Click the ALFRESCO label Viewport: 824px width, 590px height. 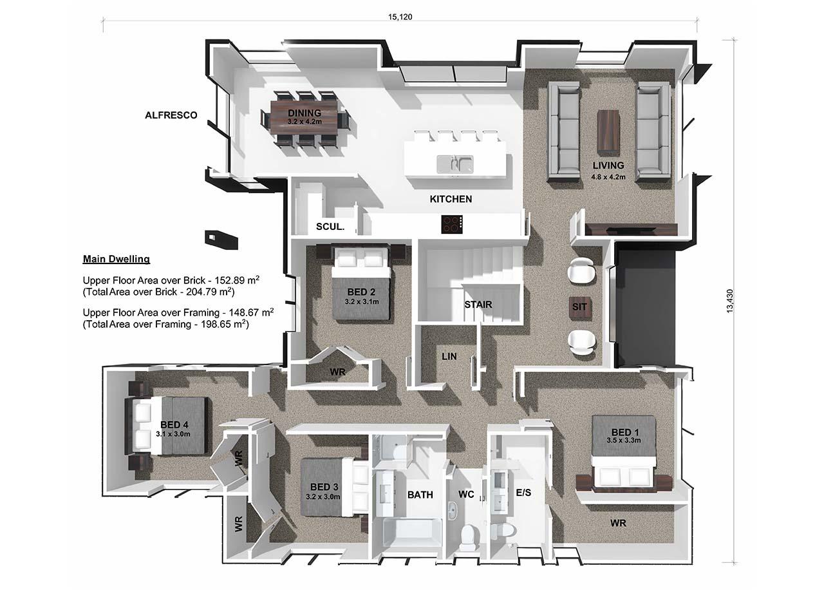[171, 115]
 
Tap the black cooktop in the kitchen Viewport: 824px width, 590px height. [452, 224]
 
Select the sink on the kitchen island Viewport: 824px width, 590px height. [455, 164]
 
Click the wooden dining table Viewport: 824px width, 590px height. [305, 118]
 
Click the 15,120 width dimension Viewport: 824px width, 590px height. [400, 17]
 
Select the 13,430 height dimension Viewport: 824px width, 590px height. [729, 301]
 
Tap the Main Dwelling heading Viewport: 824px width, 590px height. [117, 259]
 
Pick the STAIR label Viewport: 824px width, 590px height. [478, 305]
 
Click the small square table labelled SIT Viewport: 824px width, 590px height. [580, 307]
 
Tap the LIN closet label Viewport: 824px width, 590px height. [449, 356]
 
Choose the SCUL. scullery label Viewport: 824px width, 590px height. [330, 227]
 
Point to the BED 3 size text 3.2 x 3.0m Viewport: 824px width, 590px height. [323, 497]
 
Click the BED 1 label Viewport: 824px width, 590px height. [625, 432]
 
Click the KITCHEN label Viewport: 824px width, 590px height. [451, 199]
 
